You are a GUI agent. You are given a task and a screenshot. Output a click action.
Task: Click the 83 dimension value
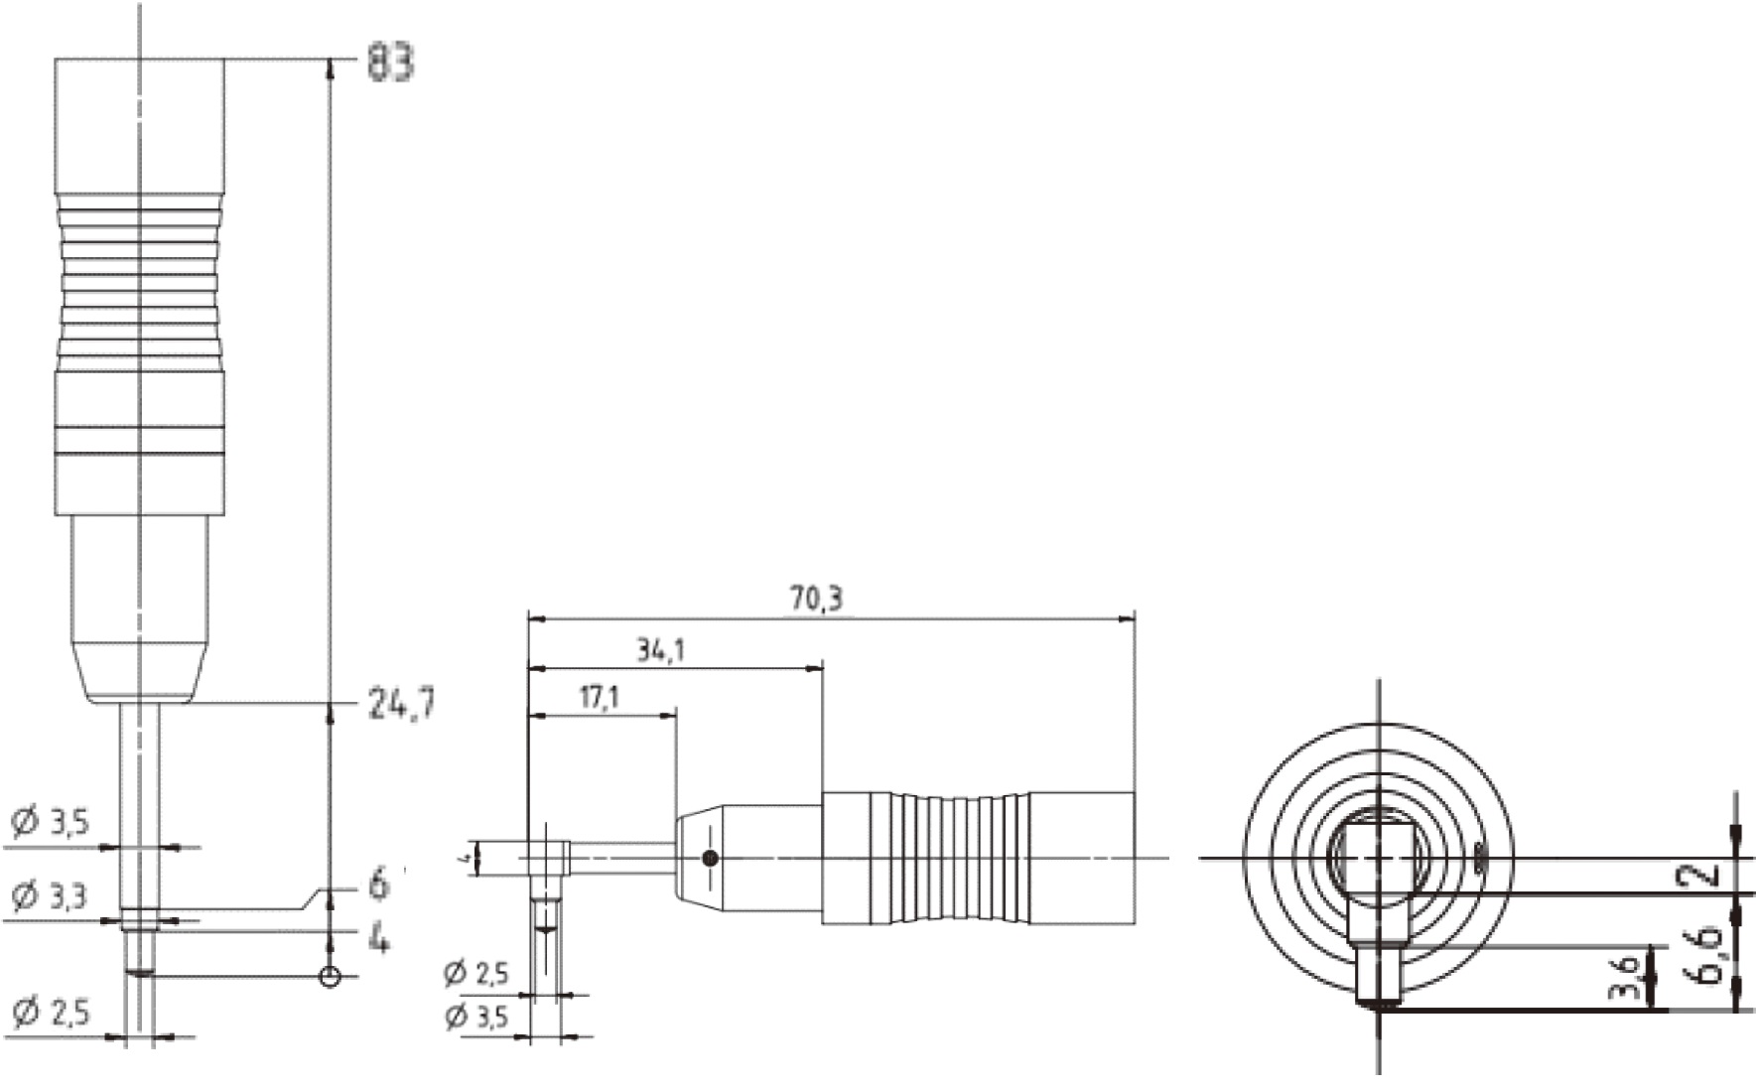click(390, 63)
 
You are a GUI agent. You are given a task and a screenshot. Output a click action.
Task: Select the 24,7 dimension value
click(401, 704)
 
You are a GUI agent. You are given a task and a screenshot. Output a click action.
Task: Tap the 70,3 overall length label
click(816, 599)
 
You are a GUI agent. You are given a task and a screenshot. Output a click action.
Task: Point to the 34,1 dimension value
click(660, 650)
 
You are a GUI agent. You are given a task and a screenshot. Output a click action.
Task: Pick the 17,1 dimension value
click(599, 697)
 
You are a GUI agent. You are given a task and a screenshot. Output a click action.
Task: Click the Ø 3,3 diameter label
click(50, 896)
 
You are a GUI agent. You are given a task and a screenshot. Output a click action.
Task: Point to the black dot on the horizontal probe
click(710, 858)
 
